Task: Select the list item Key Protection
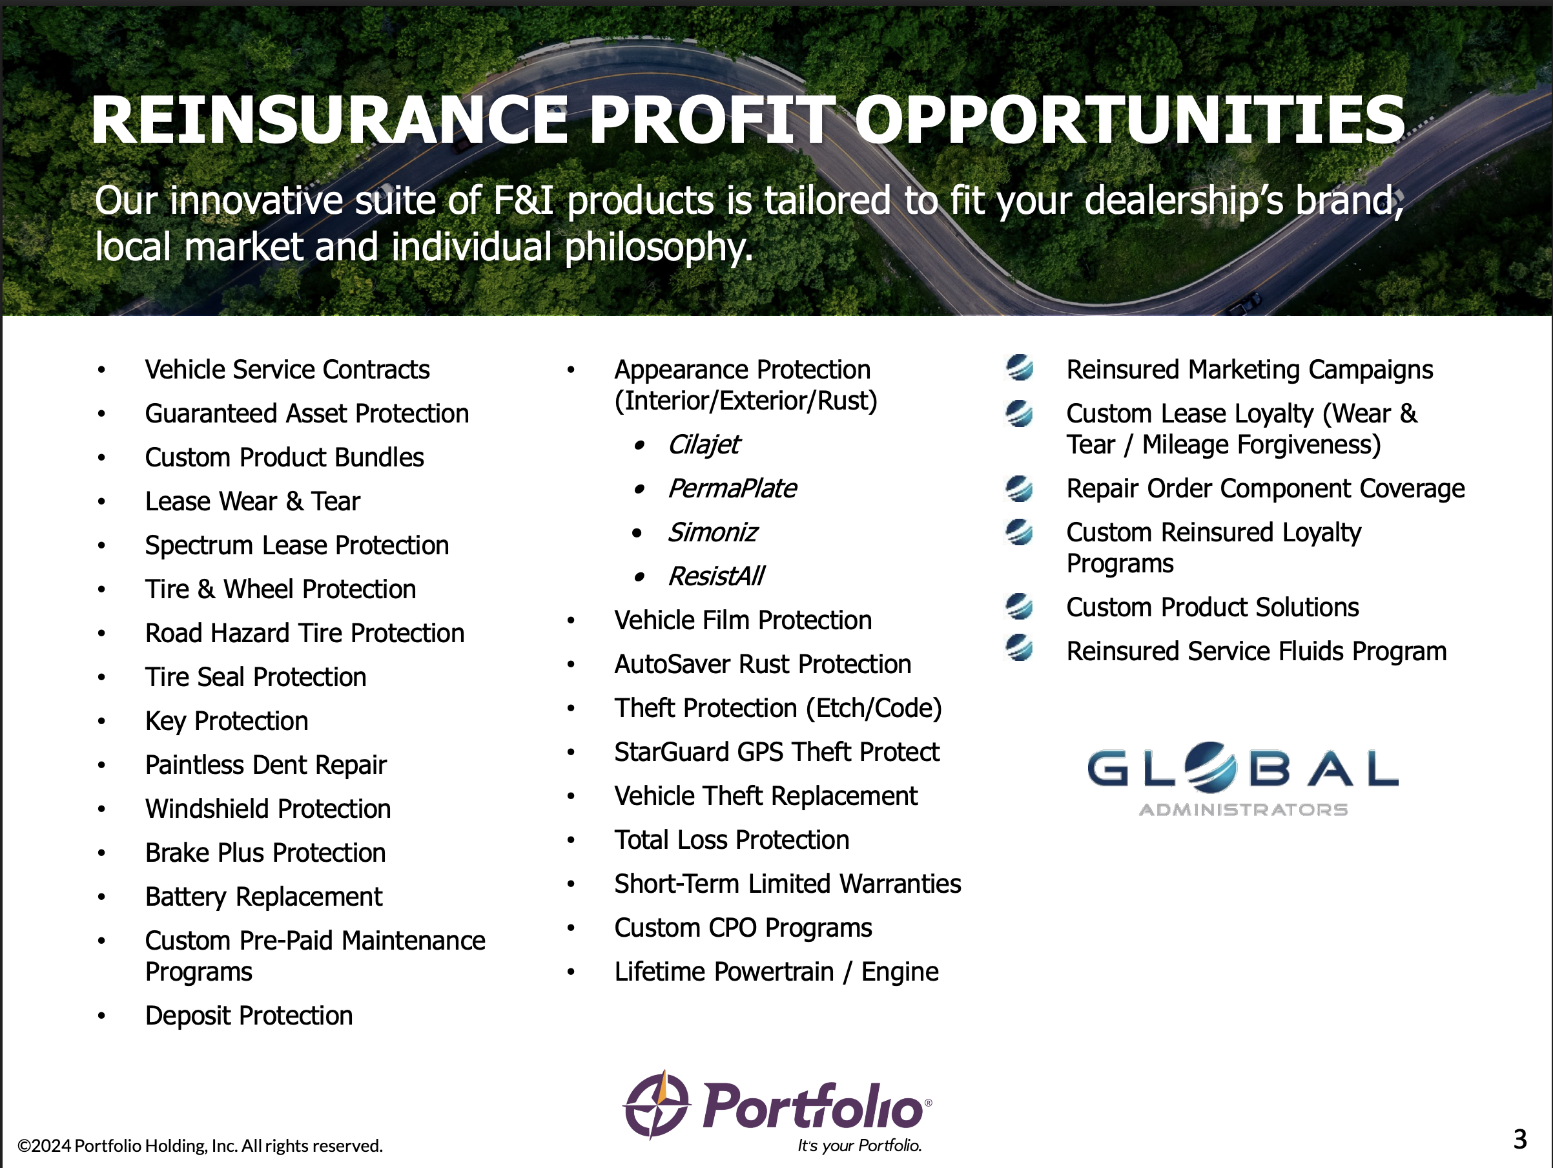click(x=227, y=722)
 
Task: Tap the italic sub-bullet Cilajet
click(x=703, y=444)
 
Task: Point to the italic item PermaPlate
click(x=732, y=488)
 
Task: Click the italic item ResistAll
click(x=716, y=576)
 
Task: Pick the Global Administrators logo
click(x=1242, y=779)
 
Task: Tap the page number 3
click(x=1520, y=1139)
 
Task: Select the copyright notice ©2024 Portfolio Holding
click(x=200, y=1145)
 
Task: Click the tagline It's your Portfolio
click(x=859, y=1145)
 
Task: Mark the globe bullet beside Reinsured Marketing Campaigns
click(x=1020, y=368)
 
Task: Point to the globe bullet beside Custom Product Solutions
click(x=1020, y=605)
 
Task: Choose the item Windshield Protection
click(x=268, y=809)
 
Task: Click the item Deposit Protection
click(x=249, y=1016)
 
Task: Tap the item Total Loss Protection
click(x=732, y=840)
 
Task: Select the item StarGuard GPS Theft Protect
click(x=776, y=752)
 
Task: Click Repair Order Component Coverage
click(x=1265, y=489)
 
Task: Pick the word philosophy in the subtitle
click(x=659, y=247)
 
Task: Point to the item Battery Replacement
click(x=264, y=897)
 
